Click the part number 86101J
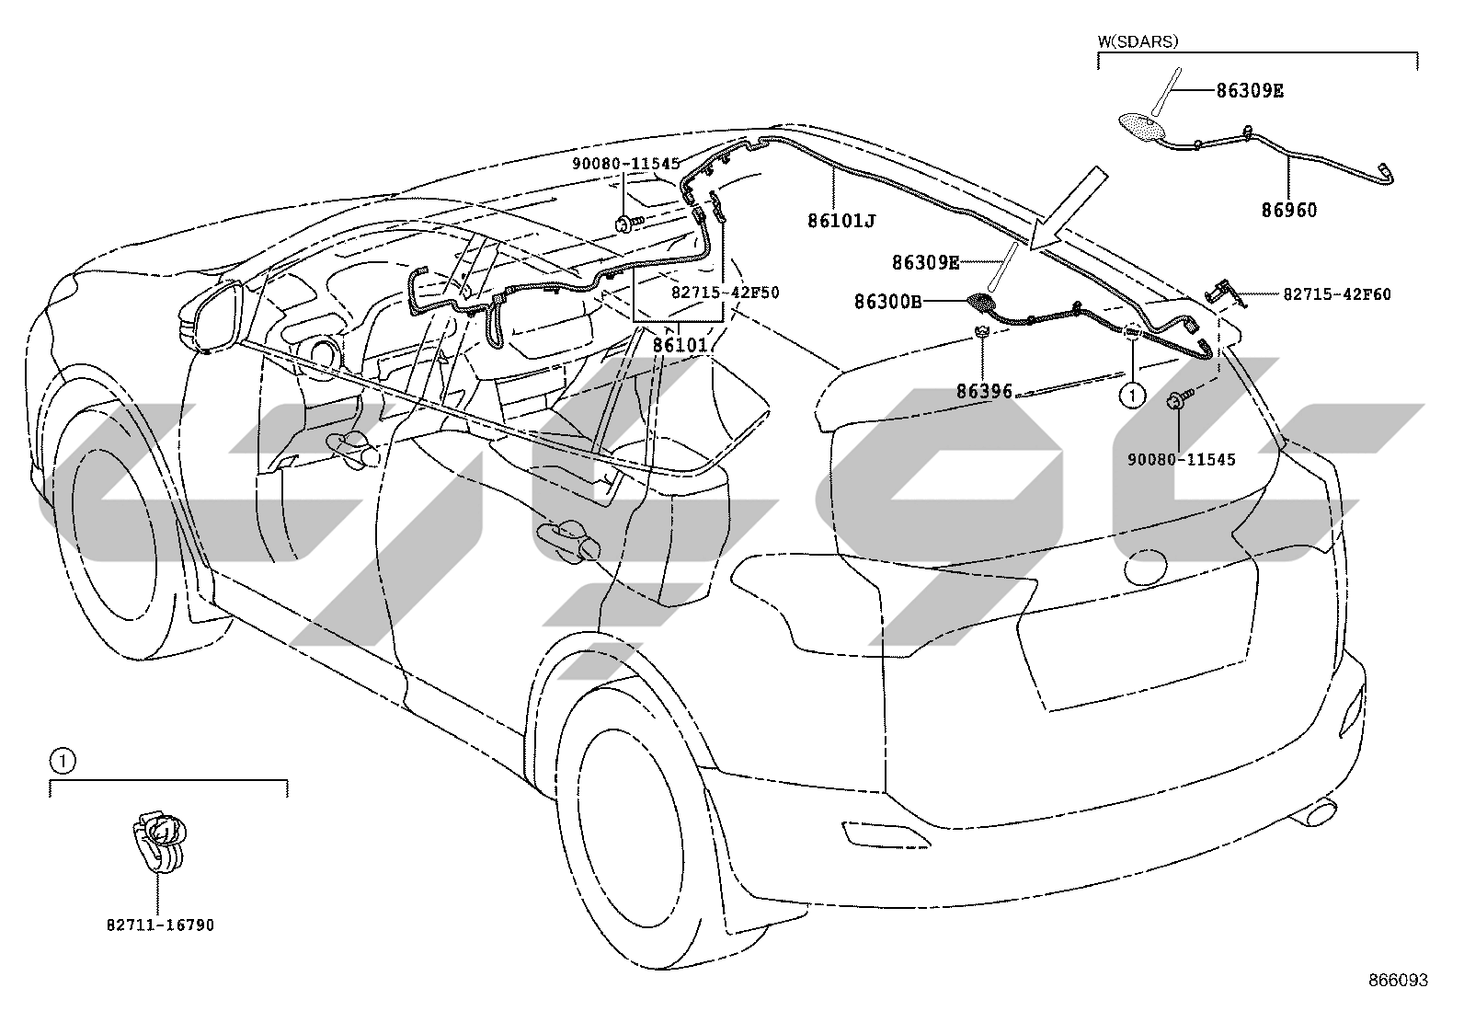[841, 221]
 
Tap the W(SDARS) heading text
[1138, 41]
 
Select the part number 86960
[1289, 210]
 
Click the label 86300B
[887, 302]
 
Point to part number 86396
[984, 392]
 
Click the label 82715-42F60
[1337, 295]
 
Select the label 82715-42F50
[726, 293]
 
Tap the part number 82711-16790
[160, 925]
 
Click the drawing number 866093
[1399, 981]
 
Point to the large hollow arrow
[1069, 208]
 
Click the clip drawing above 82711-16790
[158, 841]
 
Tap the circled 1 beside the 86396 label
[1133, 395]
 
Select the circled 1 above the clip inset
[63, 761]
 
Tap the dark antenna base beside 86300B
[979, 302]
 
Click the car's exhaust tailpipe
[1315, 813]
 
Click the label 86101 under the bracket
[681, 345]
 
